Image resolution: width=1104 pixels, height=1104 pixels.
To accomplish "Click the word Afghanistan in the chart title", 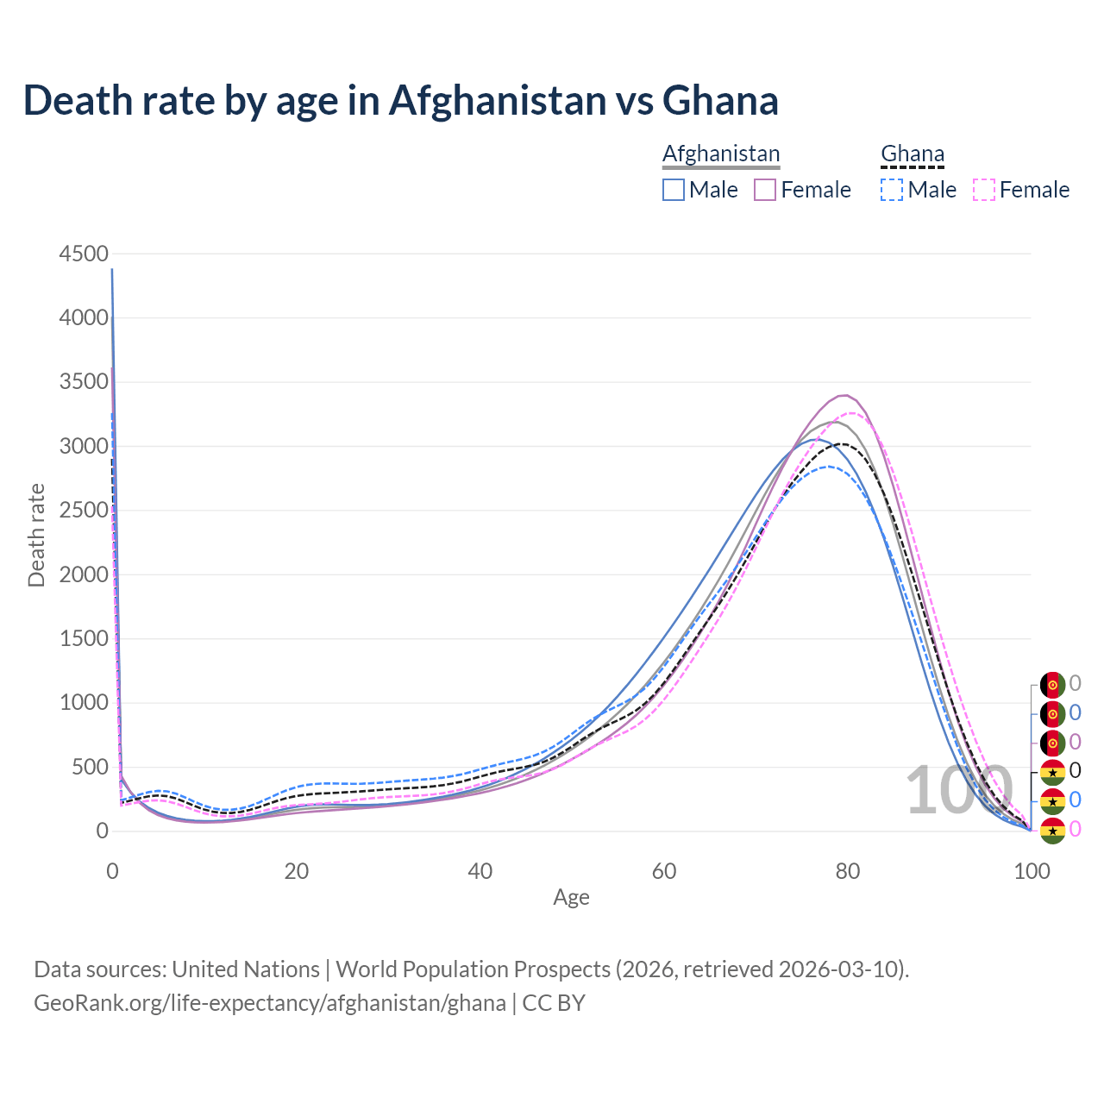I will pyautogui.click(x=498, y=100).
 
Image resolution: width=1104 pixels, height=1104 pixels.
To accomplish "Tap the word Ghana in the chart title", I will pyautogui.click(x=720, y=100).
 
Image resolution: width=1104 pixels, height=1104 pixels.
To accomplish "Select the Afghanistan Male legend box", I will pyautogui.click(x=674, y=190).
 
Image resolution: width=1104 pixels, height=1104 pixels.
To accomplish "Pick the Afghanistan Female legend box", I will pyautogui.click(x=765, y=190).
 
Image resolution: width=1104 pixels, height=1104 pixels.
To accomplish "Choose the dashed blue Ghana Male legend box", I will pyautogui.click(x=892, y=190).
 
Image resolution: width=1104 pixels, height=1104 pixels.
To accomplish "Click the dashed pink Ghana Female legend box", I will pyautogui.click(x=984, y=190).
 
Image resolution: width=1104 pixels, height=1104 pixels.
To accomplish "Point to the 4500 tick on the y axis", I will pyautogui.click(x=84, y=254).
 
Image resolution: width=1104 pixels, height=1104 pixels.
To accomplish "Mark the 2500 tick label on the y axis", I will pyautogui.click(x=84, y=511).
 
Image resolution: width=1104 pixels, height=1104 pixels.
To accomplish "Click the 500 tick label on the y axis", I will pyautogui.click(x=90, y=767).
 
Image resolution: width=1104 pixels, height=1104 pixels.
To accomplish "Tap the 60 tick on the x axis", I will pyautogui.click(x=664, y=871).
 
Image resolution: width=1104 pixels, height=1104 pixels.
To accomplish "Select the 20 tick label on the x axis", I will pyautogui.click(x=297, y=871).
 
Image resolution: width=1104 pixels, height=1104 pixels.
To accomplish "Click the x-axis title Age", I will pyautogui.click(x=571, y=898).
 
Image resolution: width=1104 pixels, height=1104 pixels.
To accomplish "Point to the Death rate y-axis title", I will pyautogui.click(x=36, y=536).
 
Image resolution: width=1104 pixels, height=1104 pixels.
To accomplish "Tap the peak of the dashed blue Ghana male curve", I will pyautogui.click(x=828, y=467).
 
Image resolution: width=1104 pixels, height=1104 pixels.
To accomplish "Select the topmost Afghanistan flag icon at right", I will pyautogui.click(x=1052, y=685).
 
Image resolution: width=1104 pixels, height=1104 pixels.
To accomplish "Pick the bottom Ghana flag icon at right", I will pyautogui.click(x=1052, y=830).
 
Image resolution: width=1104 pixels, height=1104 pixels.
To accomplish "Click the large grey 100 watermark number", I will pyautogui.click(x=958, y=790).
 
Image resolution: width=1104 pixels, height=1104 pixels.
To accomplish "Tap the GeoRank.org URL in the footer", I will pyautogui.click(x=270, y=1003).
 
